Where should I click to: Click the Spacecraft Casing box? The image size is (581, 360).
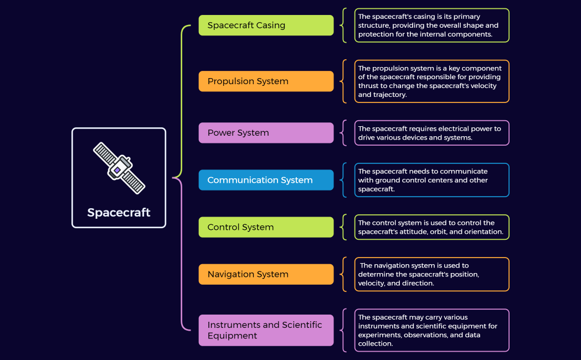266,25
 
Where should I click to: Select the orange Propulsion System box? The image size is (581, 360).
266,81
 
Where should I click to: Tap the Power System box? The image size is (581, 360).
266,133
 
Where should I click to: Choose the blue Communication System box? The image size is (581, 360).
266,180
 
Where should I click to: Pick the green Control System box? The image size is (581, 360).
266,227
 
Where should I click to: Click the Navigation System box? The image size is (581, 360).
266,274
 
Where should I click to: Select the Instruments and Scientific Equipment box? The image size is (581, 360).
266,330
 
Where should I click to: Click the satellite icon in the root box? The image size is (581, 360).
119,168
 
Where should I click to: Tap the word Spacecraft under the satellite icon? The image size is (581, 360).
119,213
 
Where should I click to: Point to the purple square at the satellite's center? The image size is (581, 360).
117,169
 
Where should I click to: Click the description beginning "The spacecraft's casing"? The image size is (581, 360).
431,25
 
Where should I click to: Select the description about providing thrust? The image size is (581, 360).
431,81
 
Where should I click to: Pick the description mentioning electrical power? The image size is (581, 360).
431,133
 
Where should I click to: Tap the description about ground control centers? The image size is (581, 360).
431,180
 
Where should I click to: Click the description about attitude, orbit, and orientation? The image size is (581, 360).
431,227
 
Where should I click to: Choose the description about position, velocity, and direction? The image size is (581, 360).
431,274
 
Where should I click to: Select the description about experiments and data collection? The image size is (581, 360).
431,330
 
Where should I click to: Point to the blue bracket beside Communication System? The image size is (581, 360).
344,180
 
